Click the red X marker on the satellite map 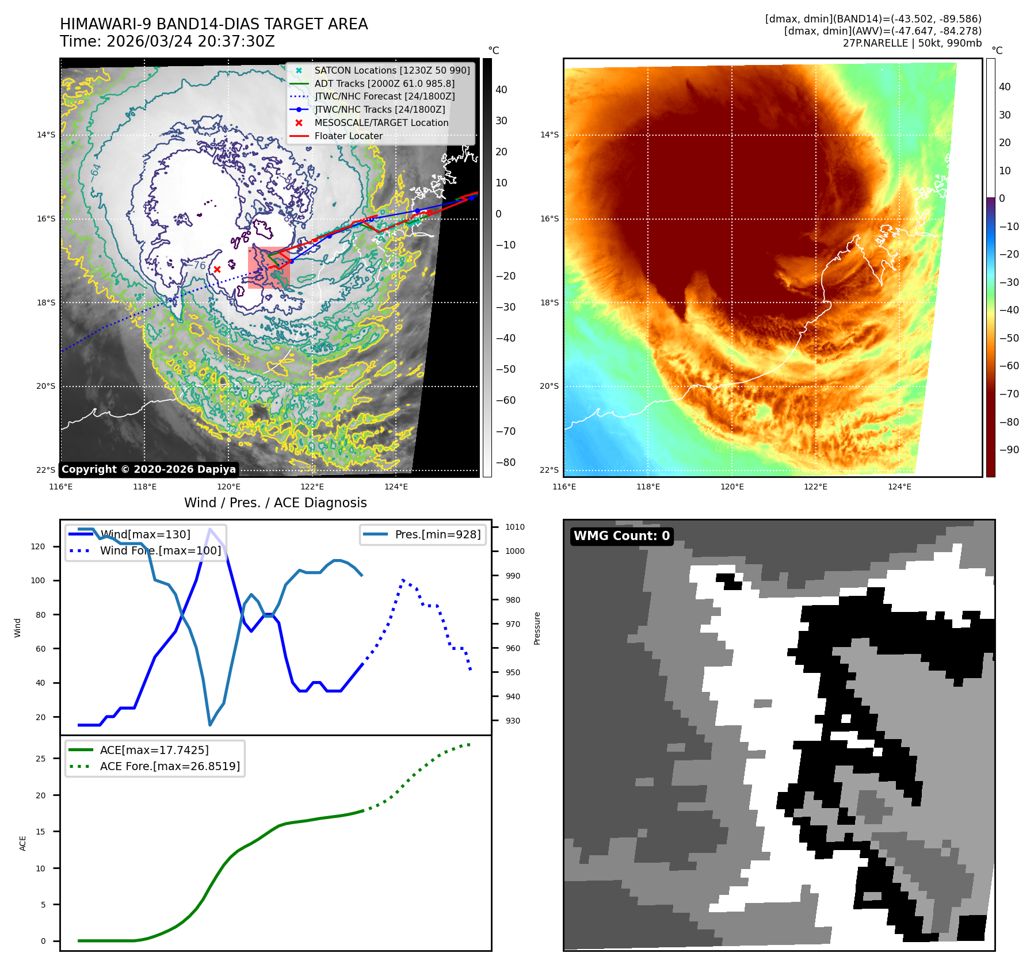217,269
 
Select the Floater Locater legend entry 348,136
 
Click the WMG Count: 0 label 621,536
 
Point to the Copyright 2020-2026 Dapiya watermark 148,469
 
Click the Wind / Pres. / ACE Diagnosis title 275,503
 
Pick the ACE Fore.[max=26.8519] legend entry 170,766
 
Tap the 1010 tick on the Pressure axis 514,527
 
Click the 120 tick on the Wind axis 38,546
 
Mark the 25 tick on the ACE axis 40,759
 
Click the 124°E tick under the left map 396,487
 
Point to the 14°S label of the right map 549,135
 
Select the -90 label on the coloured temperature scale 1009,450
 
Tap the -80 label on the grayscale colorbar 506,462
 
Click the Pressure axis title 537,628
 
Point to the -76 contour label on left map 199,265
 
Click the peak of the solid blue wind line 210,529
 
